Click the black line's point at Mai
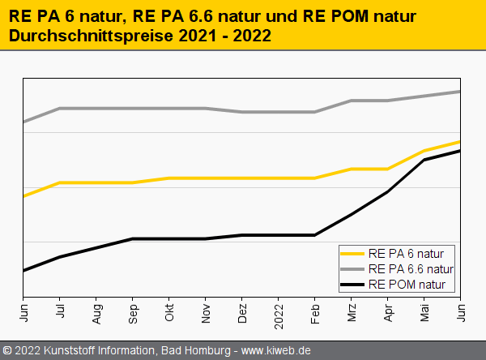[x=424, y=160]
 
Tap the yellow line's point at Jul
[x=60, y=182]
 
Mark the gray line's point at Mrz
[x=352, y=101]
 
